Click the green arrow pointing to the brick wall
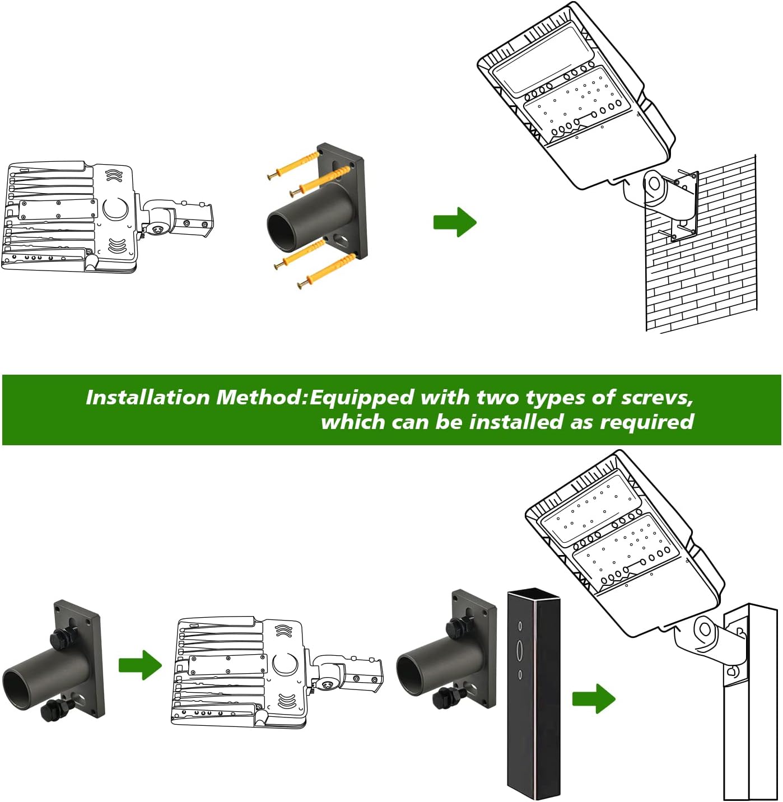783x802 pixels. (x=454, y=222)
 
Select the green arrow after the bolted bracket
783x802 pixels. (x=139, y=665)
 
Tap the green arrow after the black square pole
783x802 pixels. (x=593, y=698)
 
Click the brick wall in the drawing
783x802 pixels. (x=706, y=269)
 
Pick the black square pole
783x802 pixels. (x=533, y=694)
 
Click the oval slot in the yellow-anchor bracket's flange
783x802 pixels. (x=340, y=243)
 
